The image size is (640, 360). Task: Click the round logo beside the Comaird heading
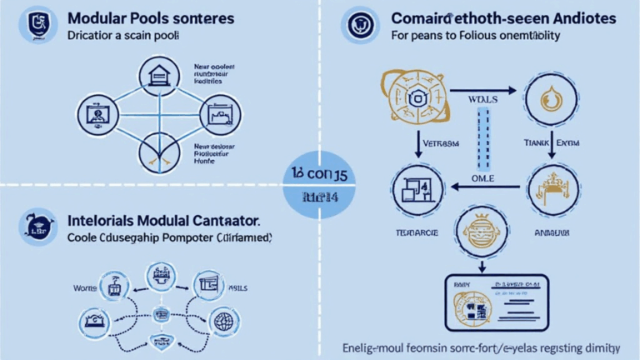[359, 26]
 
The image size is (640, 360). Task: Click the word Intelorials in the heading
[100, 223]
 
